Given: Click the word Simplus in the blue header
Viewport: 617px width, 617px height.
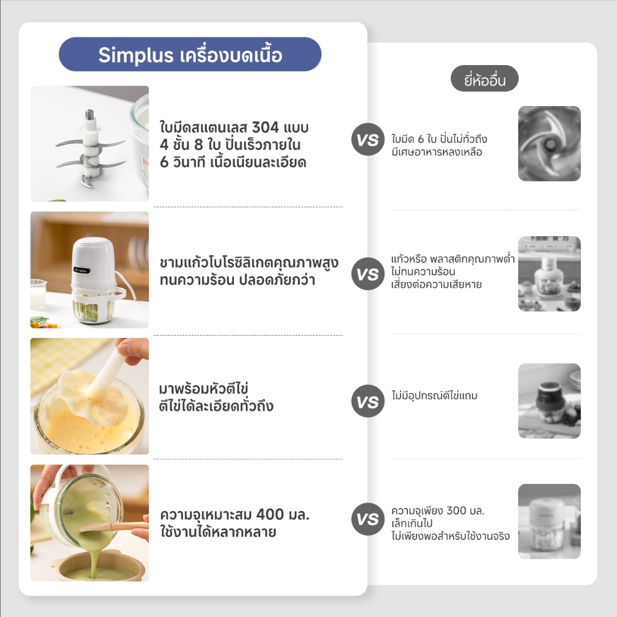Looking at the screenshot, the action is [136, 55].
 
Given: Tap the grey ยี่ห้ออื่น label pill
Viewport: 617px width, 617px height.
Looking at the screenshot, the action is [484, 79].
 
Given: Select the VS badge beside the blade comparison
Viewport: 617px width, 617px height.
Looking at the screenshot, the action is [368, 139].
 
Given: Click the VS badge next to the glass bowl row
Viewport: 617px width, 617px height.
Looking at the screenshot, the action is [368, 274].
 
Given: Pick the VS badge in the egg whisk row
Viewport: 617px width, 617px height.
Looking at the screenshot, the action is [368, 401].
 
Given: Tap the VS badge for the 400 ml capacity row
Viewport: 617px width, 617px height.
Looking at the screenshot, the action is [368, 519].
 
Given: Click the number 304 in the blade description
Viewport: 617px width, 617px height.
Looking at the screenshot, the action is [265, 128].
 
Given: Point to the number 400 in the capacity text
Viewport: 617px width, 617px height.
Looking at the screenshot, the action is [270, 515].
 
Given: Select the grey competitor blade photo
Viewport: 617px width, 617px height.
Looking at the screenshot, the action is [550, 143].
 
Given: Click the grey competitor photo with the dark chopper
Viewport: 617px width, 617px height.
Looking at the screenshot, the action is [550, 401].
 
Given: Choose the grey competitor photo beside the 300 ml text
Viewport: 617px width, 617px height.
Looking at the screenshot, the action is [550, 521].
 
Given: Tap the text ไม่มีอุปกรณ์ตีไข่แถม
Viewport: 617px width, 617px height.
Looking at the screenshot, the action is [434, 395].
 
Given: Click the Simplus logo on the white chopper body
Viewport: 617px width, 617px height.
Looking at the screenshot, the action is [82, 271].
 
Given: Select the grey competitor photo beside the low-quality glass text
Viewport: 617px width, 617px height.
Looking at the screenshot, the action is [550, 274].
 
